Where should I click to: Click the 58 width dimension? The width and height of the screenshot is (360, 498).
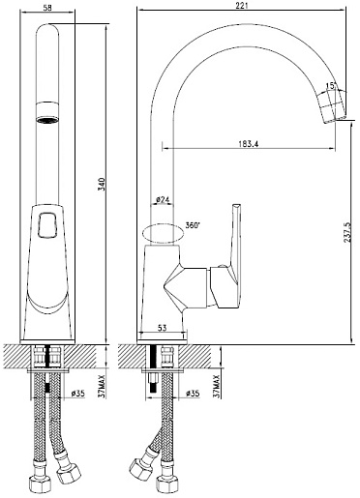coord(47,8)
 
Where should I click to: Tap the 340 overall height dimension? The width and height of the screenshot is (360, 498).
coord(102,184)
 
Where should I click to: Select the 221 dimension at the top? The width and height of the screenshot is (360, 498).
coord(241,5)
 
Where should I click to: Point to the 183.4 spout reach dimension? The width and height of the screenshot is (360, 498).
coord(249,144)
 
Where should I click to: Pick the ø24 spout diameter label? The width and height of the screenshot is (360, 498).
coord(163,200)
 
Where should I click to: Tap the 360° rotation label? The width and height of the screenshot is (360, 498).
coord(193,225)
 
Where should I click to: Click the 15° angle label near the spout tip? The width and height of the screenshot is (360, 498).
coord(331,86)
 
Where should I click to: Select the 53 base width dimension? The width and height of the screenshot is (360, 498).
coord(163,328)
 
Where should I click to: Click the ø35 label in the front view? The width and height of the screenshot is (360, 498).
coord(77,393)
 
